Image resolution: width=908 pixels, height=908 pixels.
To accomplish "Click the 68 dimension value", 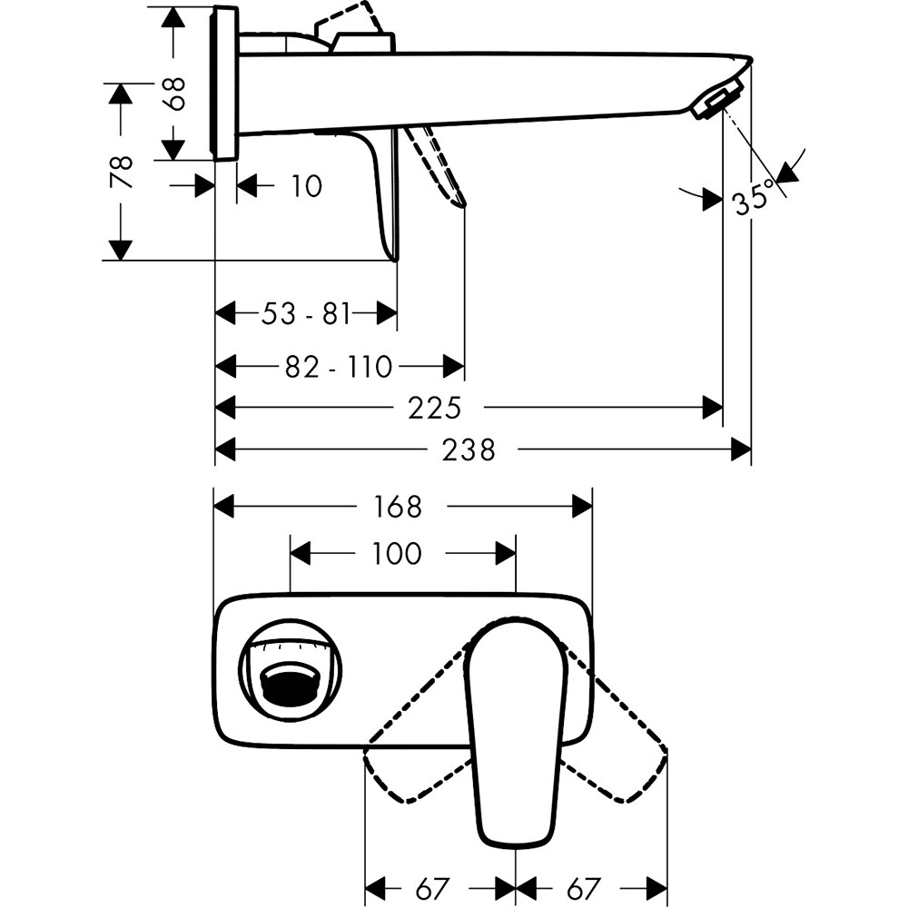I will click(176, 93).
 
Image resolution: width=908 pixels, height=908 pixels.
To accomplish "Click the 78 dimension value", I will click(122, 172).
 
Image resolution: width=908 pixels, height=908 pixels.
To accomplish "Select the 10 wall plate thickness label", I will click(307, 187).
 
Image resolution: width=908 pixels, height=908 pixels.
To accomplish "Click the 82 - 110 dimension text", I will click(339, 367).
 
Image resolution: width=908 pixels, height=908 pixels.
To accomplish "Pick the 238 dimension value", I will click(470, 449).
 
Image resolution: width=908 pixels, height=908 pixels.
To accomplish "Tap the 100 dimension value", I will click(397, 553).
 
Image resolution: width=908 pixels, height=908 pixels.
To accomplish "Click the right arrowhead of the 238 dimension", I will click(742, 449).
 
